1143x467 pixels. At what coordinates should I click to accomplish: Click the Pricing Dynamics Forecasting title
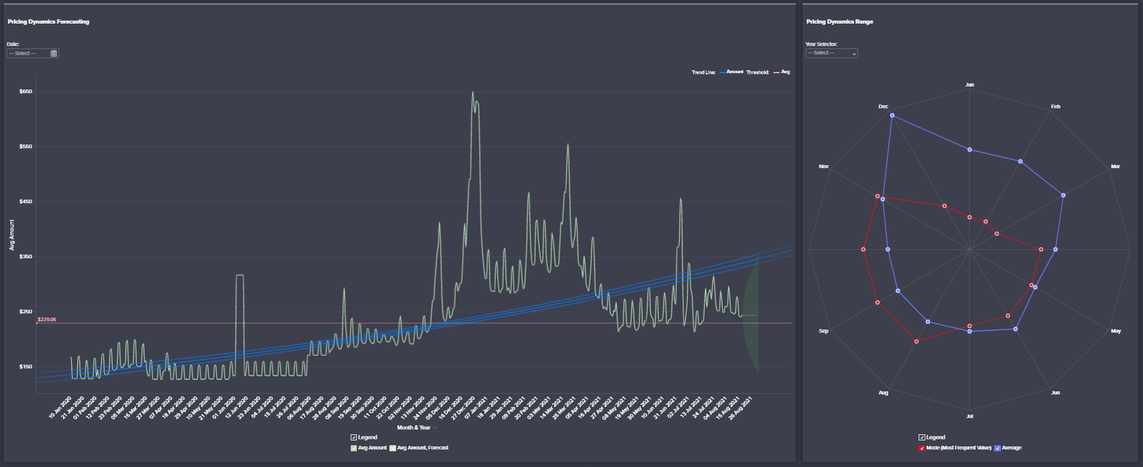click(48, 22)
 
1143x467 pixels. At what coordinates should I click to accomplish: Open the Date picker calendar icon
click(54, 53)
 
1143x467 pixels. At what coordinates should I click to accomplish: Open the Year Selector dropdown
click(832, 53)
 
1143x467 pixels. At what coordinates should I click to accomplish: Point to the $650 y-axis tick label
click(26, 92)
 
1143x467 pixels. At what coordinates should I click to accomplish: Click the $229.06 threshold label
click(47, 319)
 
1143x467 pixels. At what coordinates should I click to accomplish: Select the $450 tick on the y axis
click(26, 202)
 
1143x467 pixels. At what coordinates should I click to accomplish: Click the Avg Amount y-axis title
click(11, 235)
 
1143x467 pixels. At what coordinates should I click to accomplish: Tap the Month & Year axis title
click(414, 428)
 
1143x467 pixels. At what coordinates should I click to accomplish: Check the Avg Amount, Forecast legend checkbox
click(393, 448)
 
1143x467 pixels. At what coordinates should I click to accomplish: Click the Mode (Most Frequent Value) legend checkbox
click(922, 448)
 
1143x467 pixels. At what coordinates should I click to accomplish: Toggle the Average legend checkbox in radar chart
click(998, 448)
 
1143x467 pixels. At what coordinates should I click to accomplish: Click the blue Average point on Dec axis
click(892, 116)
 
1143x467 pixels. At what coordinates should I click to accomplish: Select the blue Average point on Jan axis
click(969, 149)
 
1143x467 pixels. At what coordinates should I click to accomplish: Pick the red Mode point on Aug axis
click(917, 342)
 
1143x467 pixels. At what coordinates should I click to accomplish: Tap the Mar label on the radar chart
click(1115, 166)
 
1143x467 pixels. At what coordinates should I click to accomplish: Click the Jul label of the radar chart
click(969, 416)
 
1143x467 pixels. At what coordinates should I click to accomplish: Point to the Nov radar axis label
click(824, 166)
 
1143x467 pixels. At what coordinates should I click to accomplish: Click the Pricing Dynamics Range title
click(839, 22)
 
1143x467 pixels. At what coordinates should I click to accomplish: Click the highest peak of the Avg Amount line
click(472, 93)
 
